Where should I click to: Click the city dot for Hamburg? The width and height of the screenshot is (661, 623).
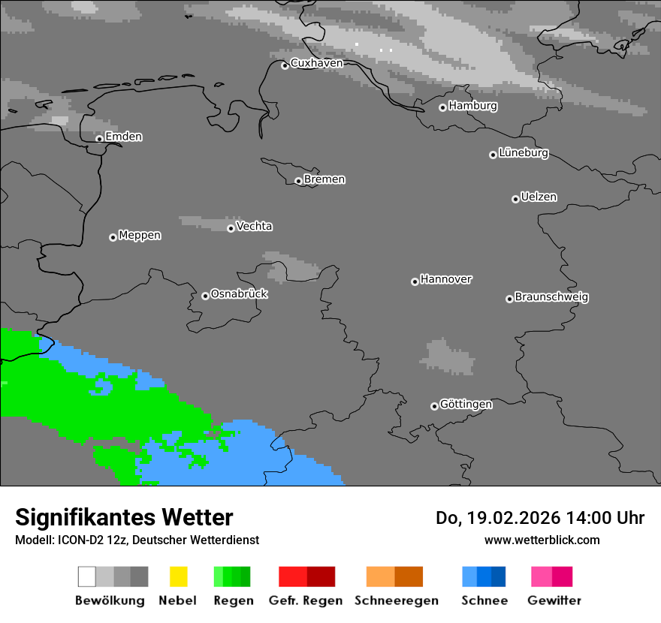(442, 107)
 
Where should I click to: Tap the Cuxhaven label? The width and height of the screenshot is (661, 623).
(316, 63)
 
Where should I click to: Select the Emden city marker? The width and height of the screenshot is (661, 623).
(99, 138)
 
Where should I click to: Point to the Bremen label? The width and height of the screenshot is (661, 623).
(324, 179)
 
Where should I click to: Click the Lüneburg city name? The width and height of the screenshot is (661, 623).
(524, 153)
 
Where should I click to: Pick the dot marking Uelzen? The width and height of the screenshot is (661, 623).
(515, 199)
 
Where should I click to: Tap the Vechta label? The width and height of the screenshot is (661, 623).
(255, 226)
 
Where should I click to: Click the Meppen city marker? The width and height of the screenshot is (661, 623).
(113, 237)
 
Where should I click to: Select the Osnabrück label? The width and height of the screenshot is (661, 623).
(239, 294)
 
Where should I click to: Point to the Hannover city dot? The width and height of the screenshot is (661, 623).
(415, 281)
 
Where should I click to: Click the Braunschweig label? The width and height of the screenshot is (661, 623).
(551, 297)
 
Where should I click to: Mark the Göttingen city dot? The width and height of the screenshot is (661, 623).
(434, 406)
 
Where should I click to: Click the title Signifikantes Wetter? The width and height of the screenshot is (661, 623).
(124, 518)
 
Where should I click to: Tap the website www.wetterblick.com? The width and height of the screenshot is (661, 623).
(542, 540)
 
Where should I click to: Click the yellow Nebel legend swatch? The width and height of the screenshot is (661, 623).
(178, 576)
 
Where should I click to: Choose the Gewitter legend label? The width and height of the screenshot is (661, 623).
(554, 600)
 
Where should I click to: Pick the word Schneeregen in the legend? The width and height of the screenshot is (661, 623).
(397, 600)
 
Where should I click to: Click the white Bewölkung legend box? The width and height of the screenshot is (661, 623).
(87, 576)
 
